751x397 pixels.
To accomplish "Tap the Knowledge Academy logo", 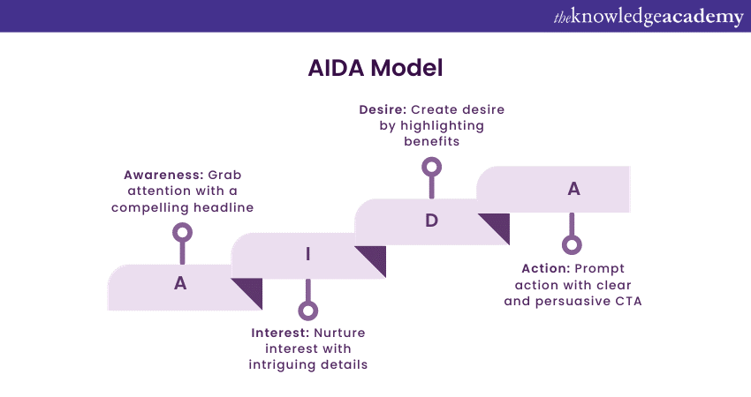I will tap(649, 17).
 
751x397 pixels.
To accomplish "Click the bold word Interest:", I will tap(280, 333).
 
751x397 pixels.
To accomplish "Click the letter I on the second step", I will tap(307, 254).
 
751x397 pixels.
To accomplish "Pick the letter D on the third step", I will tap(431, 221).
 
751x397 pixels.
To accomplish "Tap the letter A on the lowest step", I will tap(180, 284).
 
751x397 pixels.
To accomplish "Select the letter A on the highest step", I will tap(573, 188).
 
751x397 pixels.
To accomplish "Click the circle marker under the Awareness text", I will tap(183, 233).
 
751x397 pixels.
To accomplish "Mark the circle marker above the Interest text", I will tap(307, 310).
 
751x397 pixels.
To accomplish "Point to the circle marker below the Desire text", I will tap(431, 166).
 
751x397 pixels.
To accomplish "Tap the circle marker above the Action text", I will tap(572, 245).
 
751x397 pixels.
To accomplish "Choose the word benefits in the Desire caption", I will tap(431, 141).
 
